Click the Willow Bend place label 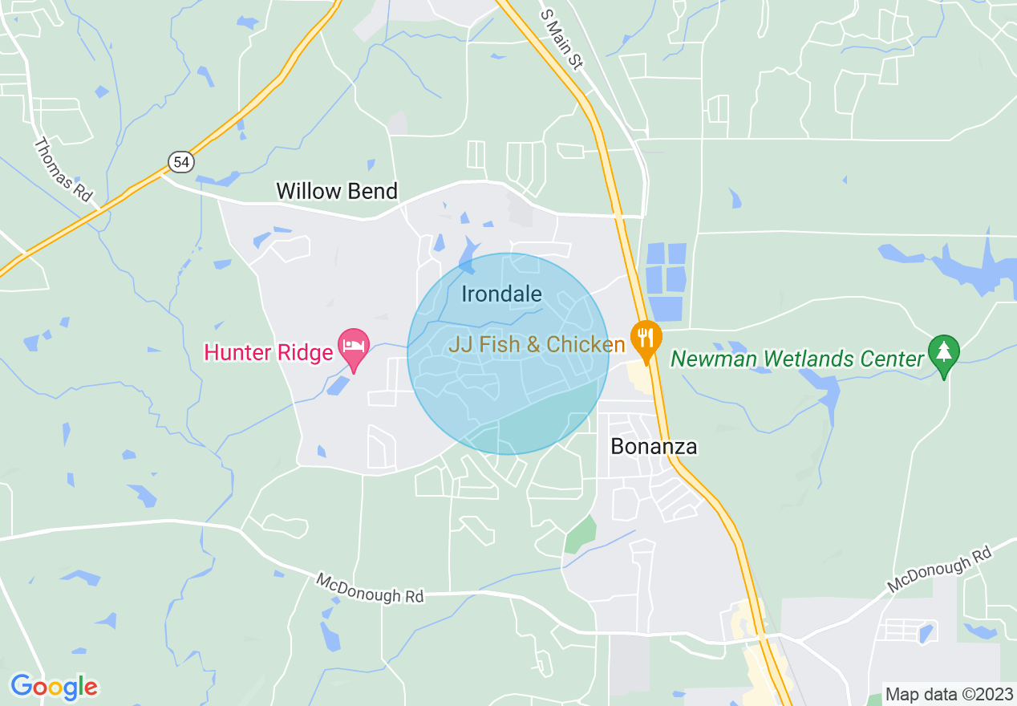(x=337, y=191)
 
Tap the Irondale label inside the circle (x=501, y=294)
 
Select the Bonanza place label (x=654, y=447)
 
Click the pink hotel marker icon (x=353, y=347)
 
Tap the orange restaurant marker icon (x=645, y=339)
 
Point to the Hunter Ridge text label (x=268, y=352)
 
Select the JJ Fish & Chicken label (x=536, y=345)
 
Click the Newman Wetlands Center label (x=797, y=359)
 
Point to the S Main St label (x=561, y=38)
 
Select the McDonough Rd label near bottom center (x=369, y=588)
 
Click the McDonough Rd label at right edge (x=939, y=570)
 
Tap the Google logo (x=54, y=687)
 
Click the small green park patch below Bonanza (x=581, y=534)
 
